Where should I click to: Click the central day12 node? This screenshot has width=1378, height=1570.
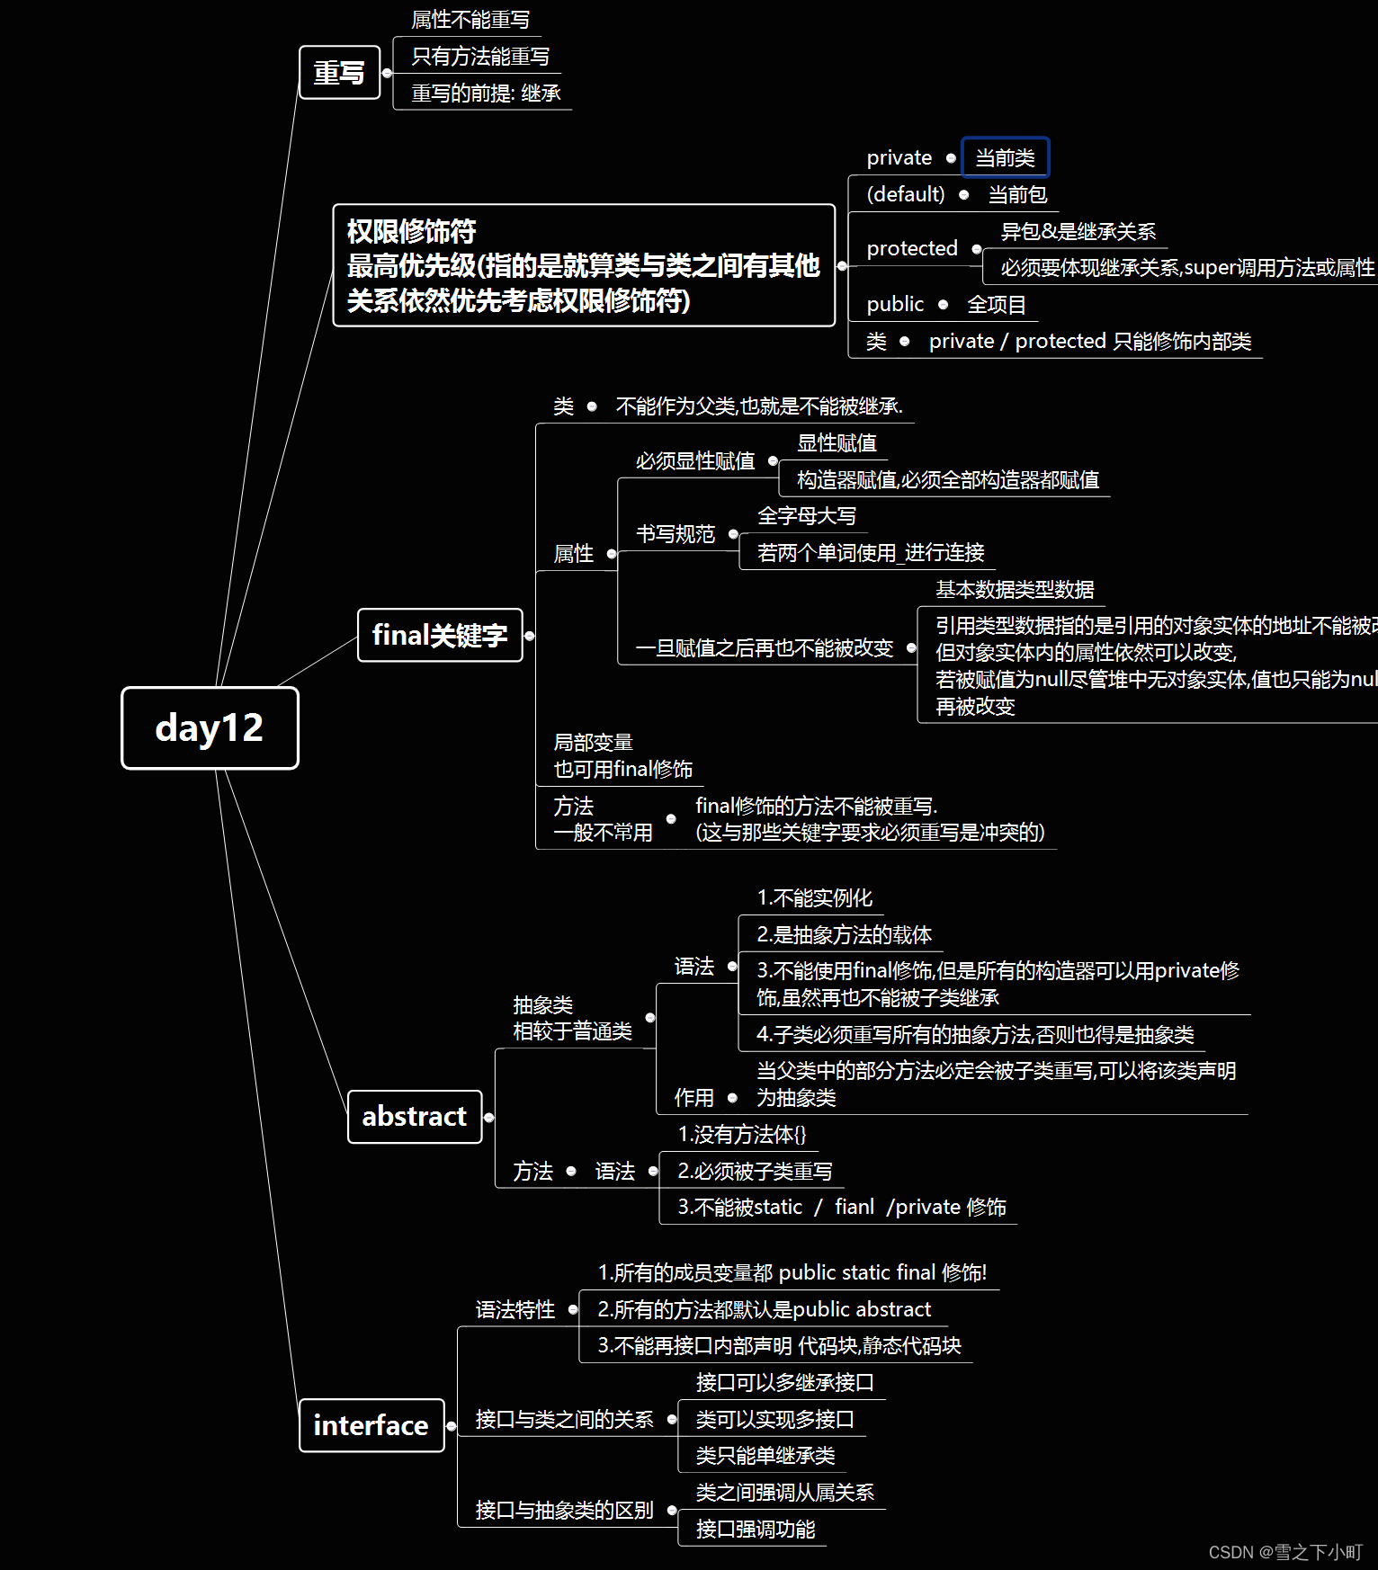[210, 727]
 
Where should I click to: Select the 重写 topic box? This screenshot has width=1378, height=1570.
[339, 72]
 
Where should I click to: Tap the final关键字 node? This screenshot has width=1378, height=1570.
[440, 635]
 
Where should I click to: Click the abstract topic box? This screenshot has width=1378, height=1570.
[414, 1116]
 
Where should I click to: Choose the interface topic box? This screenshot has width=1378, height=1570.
[371, 1424]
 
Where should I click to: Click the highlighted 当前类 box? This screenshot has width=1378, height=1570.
[1005, 158]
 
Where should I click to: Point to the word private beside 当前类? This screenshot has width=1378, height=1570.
[899, 158]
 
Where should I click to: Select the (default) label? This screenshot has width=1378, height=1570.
[905, 194]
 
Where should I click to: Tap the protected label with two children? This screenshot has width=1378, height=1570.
[911, 248]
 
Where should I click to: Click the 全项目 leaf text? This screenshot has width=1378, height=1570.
[996, 305]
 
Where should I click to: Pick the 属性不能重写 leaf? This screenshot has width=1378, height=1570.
[470, 20]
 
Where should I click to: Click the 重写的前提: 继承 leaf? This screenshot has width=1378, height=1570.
[486, 93]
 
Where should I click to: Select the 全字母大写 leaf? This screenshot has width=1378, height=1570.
[806, 516]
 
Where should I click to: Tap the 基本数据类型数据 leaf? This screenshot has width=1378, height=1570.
[1014, 589]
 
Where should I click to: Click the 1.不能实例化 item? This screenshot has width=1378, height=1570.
[814, 897]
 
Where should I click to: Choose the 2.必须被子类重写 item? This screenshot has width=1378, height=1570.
[754, 1171]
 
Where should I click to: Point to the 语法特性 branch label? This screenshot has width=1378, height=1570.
[515, 1309]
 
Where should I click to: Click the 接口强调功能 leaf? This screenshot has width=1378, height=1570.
[755, 1529]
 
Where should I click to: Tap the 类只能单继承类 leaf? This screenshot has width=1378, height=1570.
[765, 1455]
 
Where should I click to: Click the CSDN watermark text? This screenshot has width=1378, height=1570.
[1284, 1552]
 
